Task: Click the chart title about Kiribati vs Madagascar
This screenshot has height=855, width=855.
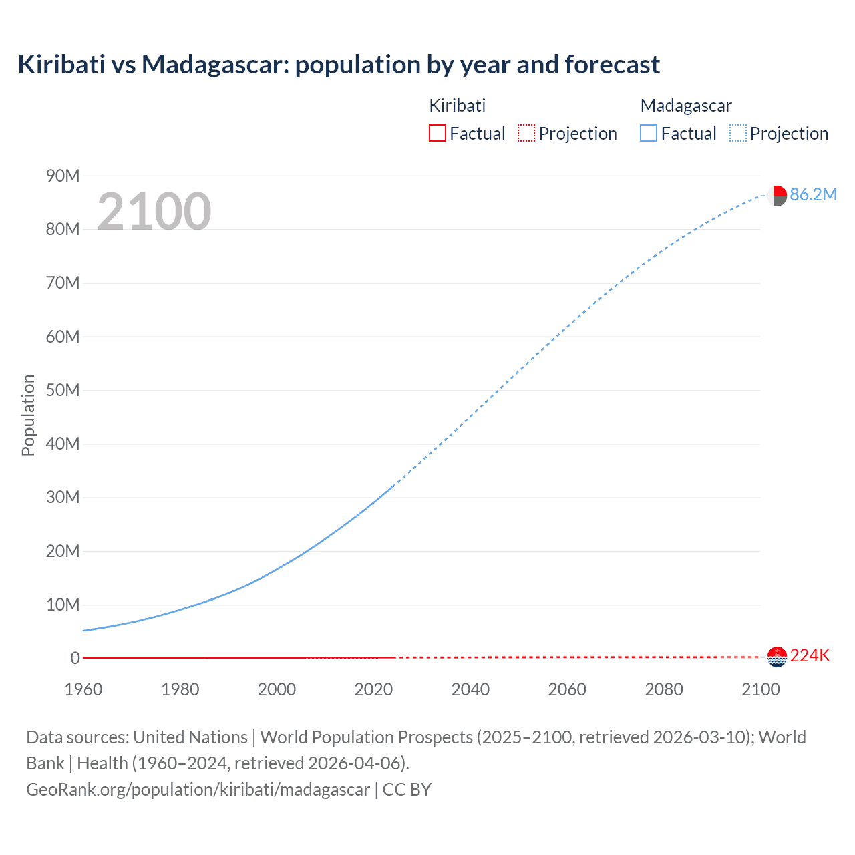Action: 339,65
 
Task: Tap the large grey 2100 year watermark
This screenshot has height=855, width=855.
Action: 154,212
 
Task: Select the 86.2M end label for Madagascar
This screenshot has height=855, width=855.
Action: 813,194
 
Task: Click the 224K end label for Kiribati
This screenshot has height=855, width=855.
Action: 810,655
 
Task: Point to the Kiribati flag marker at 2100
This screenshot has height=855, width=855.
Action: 777,657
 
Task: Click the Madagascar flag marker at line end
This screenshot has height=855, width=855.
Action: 777,196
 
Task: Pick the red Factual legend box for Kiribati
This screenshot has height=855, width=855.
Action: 438,134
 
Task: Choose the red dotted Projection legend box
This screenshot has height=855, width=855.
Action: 526,134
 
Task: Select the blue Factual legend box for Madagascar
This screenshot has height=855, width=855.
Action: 649,134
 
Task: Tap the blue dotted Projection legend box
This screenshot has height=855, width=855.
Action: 738,134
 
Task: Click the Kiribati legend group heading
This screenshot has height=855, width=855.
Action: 457,106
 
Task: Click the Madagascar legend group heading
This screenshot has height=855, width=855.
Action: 686,106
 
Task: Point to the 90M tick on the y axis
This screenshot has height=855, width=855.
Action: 63,176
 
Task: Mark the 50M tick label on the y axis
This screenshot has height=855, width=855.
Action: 63,390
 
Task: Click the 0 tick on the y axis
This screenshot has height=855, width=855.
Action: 75,658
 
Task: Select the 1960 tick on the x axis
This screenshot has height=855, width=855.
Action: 83,689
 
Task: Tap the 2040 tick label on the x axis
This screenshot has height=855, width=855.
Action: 470,689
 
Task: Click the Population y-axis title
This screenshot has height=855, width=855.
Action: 28,415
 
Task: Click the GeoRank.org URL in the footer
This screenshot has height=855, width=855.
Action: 198,790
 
